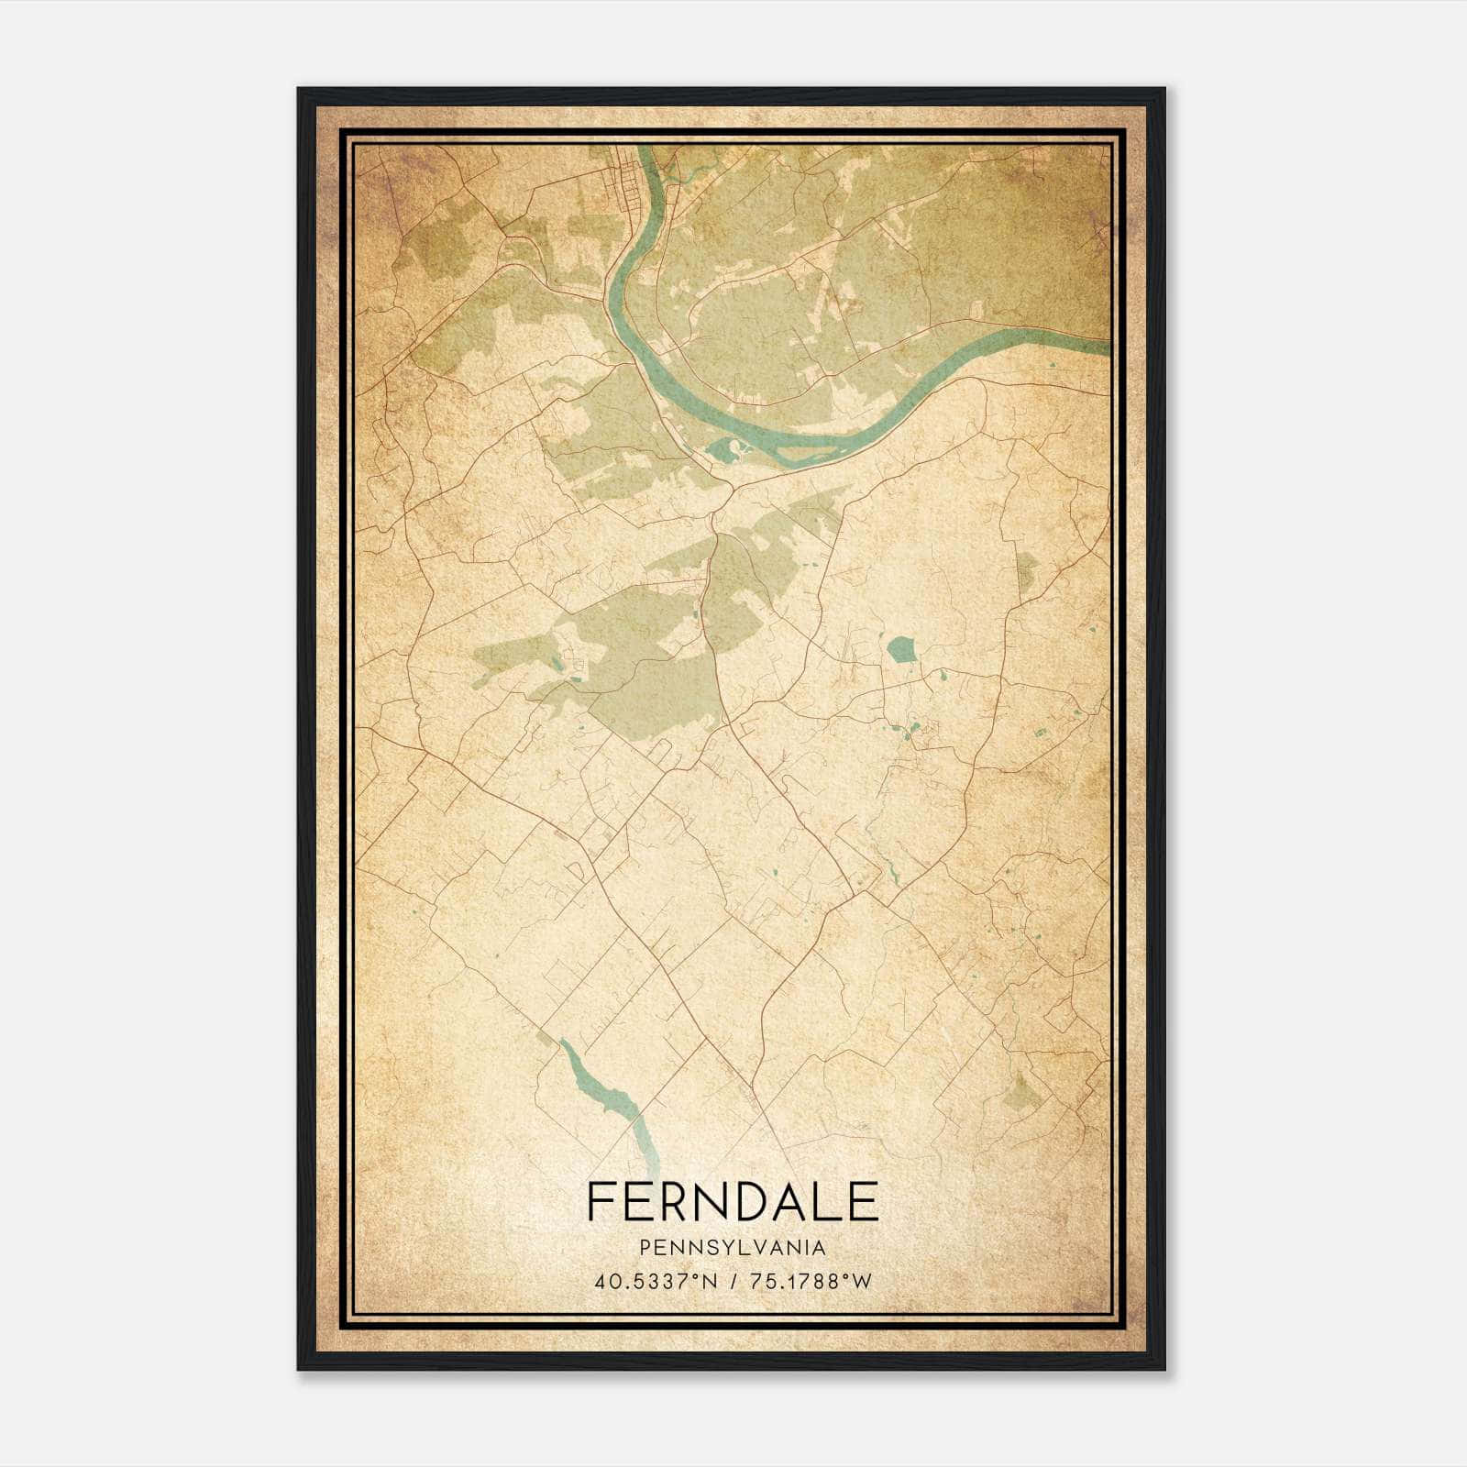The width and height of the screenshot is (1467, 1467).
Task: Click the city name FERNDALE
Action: (x=733, y=1202)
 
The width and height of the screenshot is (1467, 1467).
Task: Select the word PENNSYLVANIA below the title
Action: (x=733, y=1248)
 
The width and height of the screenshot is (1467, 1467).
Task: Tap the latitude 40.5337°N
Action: (x=653, y=1283)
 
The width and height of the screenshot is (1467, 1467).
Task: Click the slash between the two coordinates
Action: (x=733, y=1283)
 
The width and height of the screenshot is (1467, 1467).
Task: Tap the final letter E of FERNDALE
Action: (x=864, y=1202)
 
